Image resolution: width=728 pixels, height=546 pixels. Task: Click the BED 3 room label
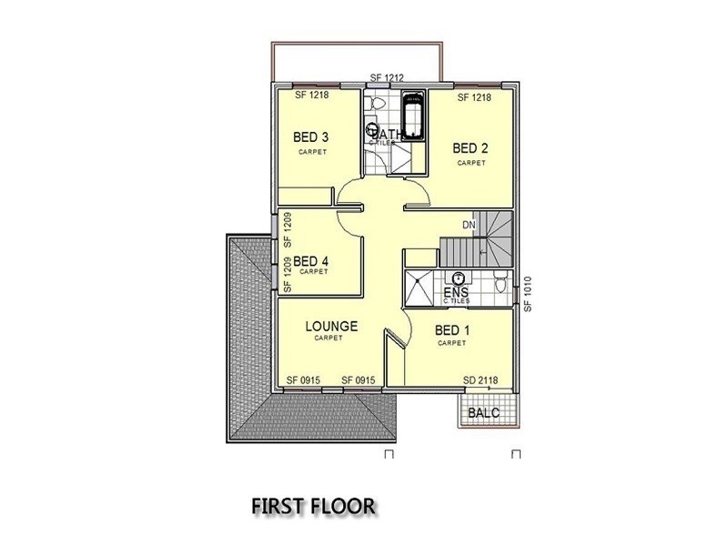pyautogui.click(x=310, y=137)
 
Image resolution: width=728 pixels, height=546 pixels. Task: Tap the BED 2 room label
pyautogui.click(x=470, y=147)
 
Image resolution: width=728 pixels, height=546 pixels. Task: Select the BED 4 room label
pyautogui.click(x=311, y=259)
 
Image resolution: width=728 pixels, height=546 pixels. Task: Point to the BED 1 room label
pyautogui.click(x=451, y=330)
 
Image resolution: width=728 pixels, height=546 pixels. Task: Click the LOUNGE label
pyautogui.click(x=331, y=325)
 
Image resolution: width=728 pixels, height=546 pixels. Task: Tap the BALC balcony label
pyautogui.click(x=482, y=413)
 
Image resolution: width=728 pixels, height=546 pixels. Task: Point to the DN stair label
pyautogui.click(x=470, y=224)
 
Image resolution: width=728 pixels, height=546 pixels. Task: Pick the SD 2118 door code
pyautogui.click(x=481, y=379)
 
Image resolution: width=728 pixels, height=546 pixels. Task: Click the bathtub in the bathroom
pyautogui.click(x=412, y=117)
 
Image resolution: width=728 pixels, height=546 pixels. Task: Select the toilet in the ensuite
pyautogui.click(x=500, y=282)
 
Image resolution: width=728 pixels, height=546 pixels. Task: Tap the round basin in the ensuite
pyautogui.click(x=460, y=278)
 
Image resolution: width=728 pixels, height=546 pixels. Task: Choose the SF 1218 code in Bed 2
pyautogui.click(x=474, y=96)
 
